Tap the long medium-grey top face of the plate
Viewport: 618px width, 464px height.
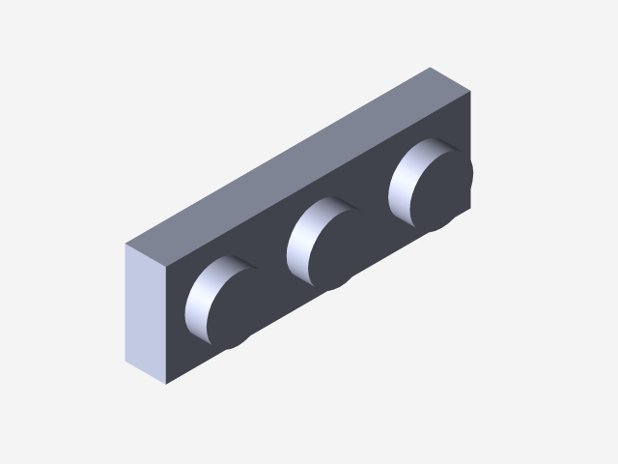coord(299,164)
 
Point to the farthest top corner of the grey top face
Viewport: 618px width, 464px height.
coord(431,68)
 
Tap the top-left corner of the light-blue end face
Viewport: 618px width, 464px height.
coord(126,244)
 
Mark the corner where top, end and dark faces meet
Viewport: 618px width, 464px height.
coord(167,264)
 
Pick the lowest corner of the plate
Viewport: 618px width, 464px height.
coord(166,384)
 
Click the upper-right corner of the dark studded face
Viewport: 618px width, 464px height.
coord(472,92)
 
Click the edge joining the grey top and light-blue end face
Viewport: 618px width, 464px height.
coord(146,253)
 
